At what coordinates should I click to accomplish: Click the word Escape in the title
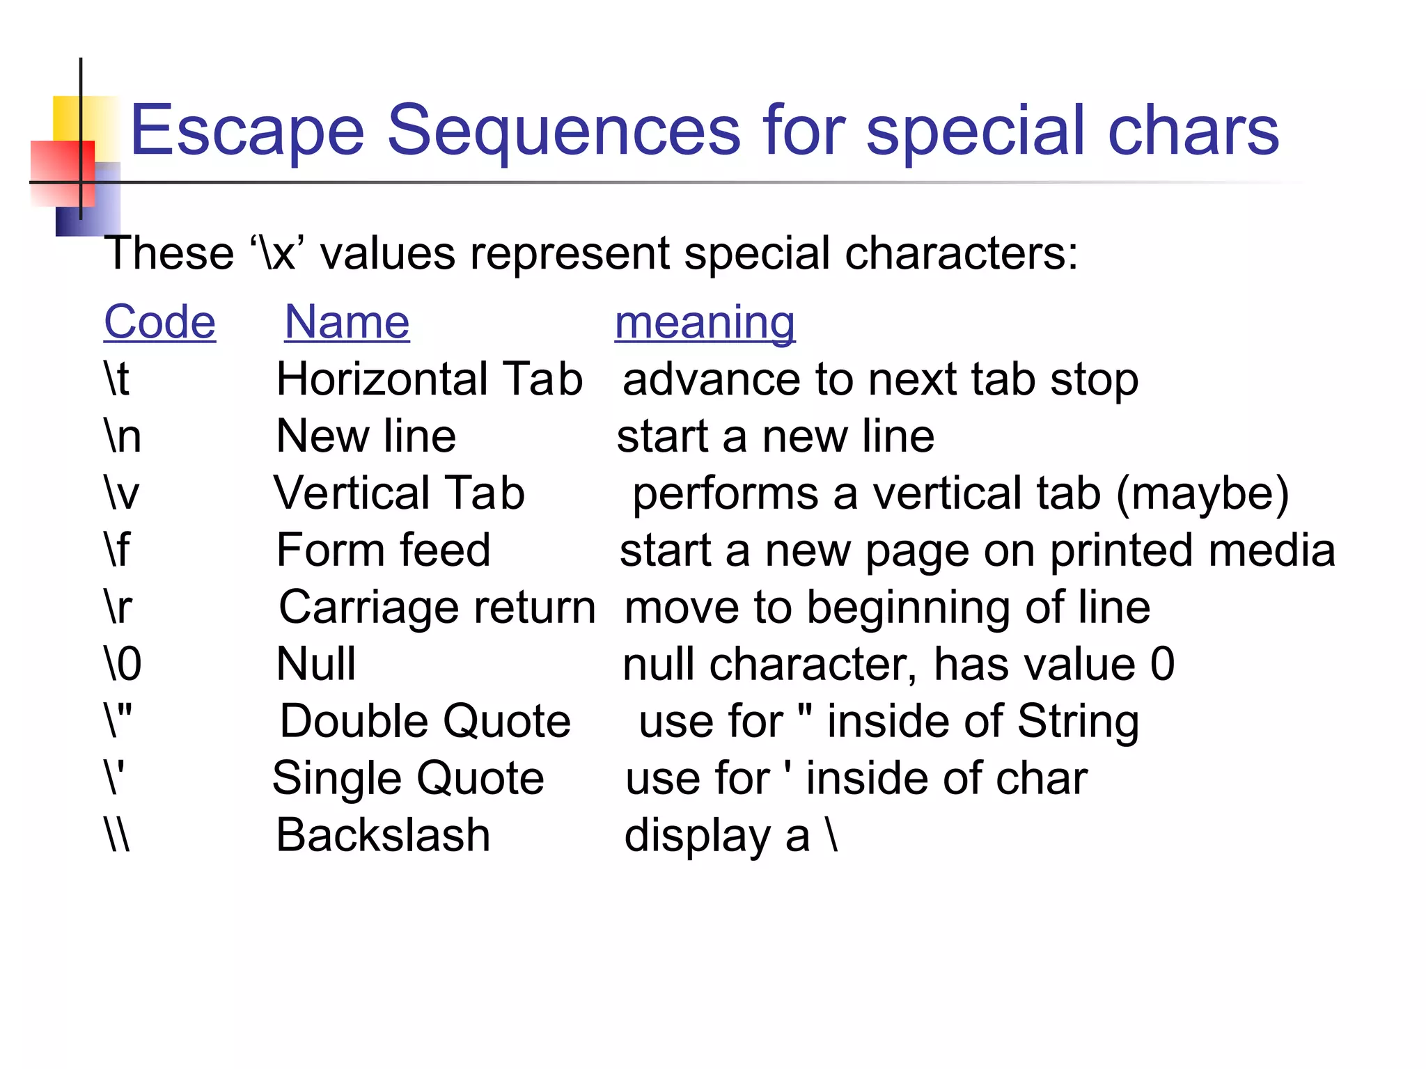[x=247, y=130]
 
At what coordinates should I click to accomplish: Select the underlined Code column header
[x=159, y=322]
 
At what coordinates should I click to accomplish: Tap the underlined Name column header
[x=347, y=322]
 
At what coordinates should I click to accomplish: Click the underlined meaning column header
[x=705, y=322]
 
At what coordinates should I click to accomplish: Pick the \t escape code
[x=117, y=379]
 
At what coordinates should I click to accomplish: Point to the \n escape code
[x=123, y=436]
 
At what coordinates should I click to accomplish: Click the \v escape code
[x=122, y=493]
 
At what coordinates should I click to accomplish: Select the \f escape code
[x=117, y=550]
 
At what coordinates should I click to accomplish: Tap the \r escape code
[x=118, y=607]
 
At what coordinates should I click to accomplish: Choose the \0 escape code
[x=123, y=663]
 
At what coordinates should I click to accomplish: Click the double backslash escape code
[x=117, y=834]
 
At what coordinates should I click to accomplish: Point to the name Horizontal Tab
[x=429, y=379]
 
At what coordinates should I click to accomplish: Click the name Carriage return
[x=437, y=607]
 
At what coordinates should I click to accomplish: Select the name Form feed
[x=383, y=550]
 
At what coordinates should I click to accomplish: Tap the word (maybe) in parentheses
[x=1202, y=495]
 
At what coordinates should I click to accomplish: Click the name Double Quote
[x=425, y=721]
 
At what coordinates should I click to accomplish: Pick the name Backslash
[x=383, y=834]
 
